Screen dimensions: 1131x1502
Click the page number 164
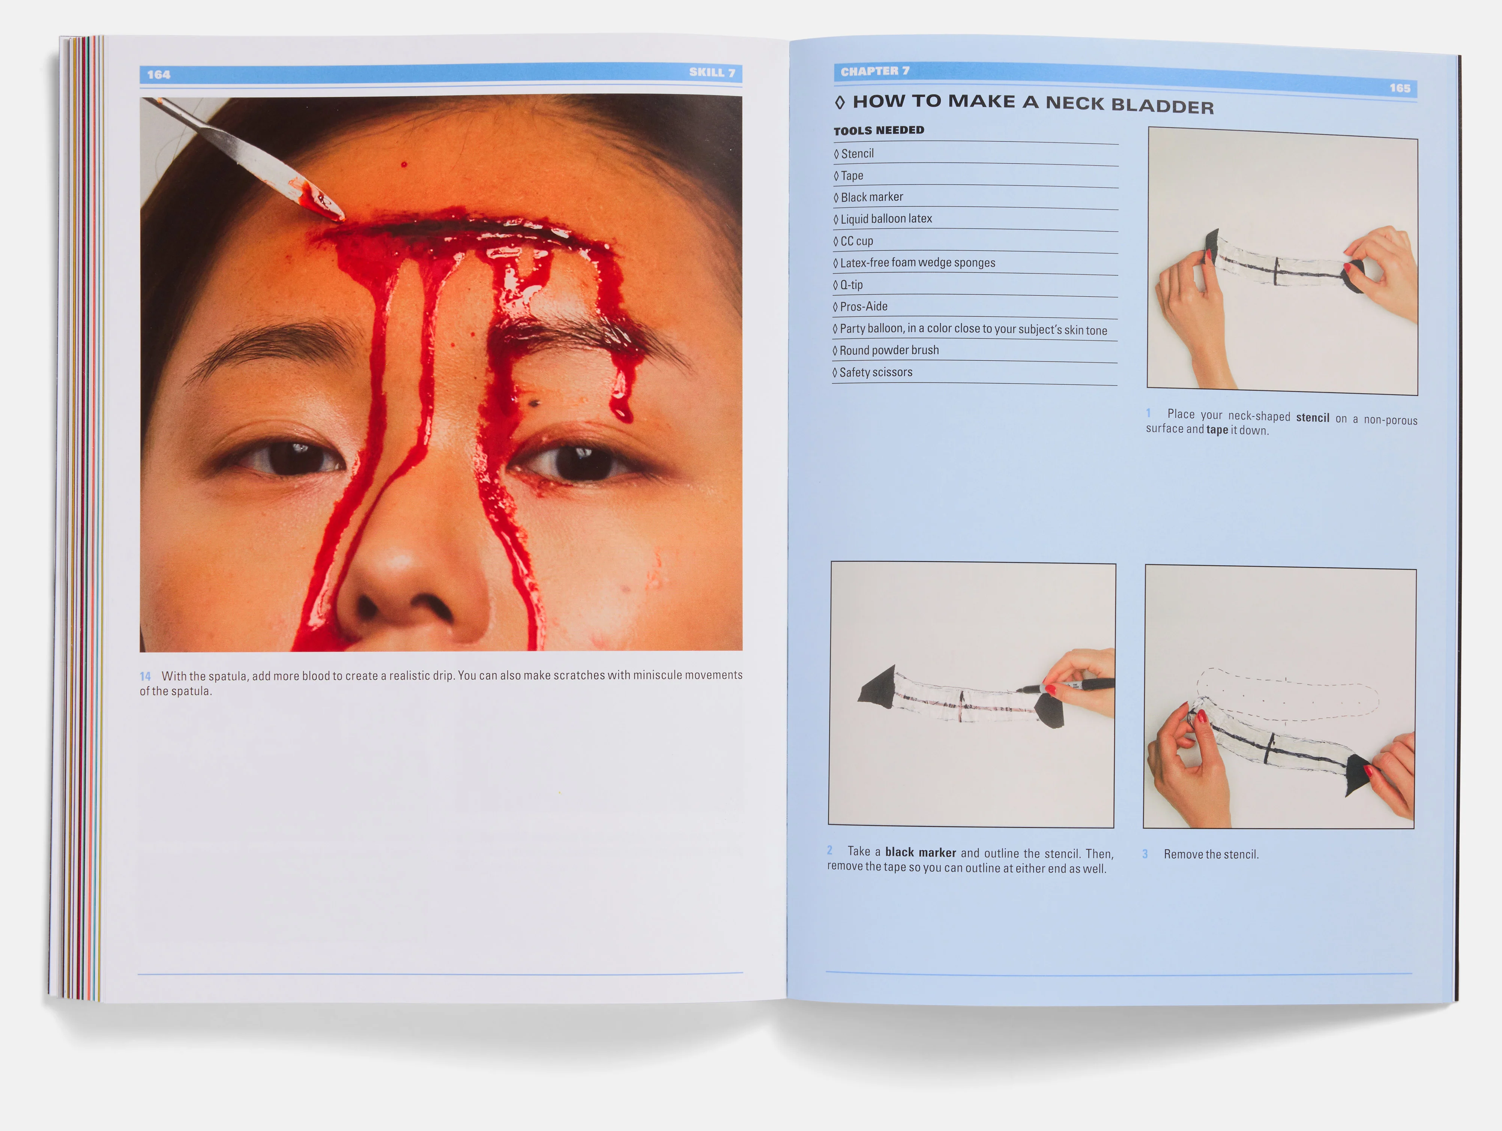tap(158, 75)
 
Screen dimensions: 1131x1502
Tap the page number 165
tap(1399, 88)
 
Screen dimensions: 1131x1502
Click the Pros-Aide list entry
tap(863, 307)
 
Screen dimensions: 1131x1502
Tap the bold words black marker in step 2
tap(920, 853)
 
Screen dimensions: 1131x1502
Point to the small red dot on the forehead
tap(404, 165)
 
